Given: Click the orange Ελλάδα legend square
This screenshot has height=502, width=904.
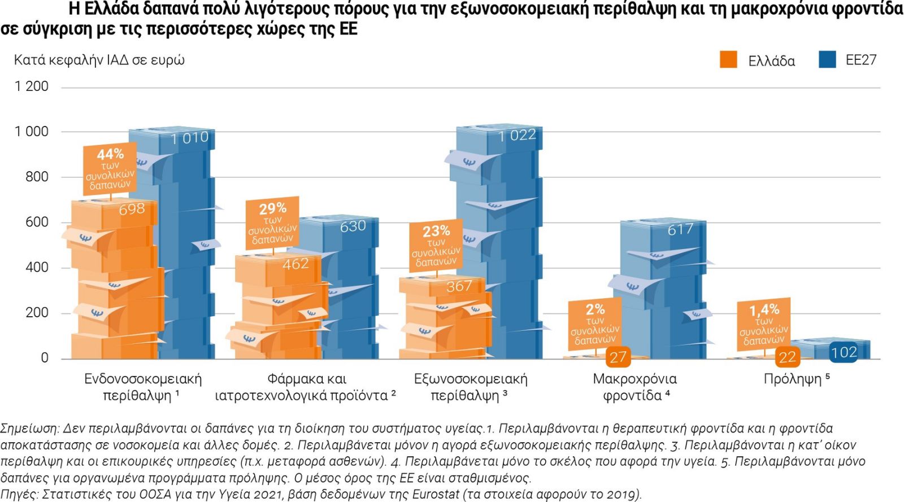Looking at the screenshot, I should (728, 59).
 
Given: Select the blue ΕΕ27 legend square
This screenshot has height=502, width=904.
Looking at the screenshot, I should (827, 59).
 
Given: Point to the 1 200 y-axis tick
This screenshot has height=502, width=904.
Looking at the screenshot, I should (32, 86).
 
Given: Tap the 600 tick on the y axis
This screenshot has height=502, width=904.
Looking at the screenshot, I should (37, 222).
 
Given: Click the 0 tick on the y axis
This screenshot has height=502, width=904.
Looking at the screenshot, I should (45, 357).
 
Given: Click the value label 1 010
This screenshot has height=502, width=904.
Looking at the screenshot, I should (190, 138).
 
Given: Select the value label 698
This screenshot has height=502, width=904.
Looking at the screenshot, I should (132, 209).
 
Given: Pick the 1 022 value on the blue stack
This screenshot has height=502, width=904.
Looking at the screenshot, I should (517, 136).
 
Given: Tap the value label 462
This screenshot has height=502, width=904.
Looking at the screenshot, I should (295, 264).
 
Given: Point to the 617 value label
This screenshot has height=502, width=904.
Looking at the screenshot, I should (680, 229).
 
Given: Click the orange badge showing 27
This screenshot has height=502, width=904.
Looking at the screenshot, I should (618, 357).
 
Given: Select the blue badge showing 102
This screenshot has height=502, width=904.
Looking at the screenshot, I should (844, 352).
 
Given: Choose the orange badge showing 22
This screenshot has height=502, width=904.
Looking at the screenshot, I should (787, 357).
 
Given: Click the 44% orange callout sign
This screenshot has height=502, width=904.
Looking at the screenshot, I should (110, 169).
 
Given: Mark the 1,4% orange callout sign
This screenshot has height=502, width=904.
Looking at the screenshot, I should (764, 324).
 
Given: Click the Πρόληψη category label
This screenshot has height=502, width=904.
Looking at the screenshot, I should (796, 379).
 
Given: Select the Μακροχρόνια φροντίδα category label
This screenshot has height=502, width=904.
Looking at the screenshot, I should (635, 387).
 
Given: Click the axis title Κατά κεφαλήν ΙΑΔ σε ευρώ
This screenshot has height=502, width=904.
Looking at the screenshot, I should (99, 60).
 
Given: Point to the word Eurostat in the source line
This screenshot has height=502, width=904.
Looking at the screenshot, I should (434, 494).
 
